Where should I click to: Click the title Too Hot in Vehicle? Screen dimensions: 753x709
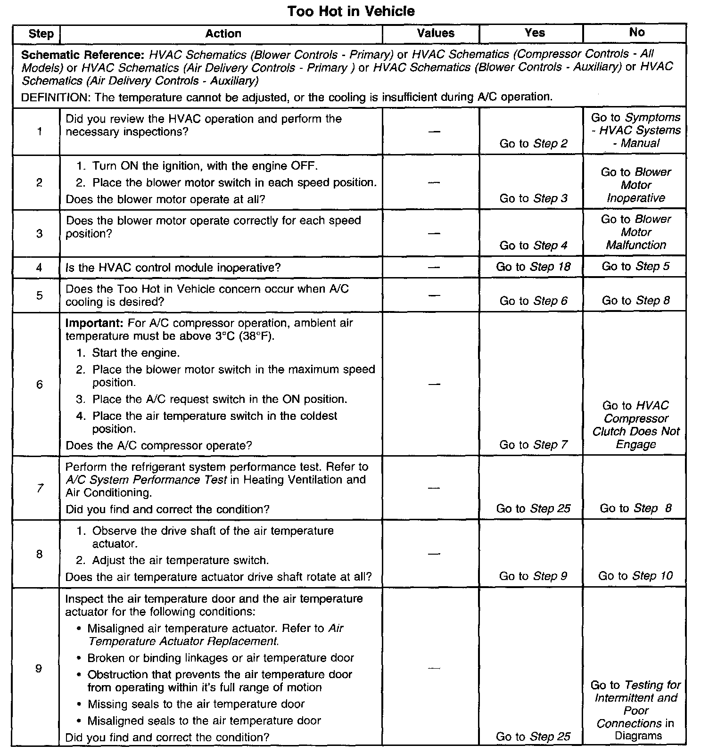click(x=351, y=11)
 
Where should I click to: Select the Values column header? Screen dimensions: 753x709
click(x=436, y=33)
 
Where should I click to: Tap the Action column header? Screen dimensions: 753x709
click(x=223, y=33)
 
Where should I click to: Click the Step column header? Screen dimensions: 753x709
click(x=41, y=33)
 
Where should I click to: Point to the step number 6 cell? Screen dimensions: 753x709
click(x=39, y=385)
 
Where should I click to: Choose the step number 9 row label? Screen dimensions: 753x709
click(x=39, y=668)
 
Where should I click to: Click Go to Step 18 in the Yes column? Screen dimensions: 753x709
click(x=533, y=267)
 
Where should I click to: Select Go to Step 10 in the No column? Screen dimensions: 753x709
click(x=635, y=575)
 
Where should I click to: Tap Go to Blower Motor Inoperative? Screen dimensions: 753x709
click(x=635, y=185)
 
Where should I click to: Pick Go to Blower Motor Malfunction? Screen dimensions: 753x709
click(x=635, y=232)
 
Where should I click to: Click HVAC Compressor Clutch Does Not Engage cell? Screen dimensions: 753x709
click(x=635, y=425)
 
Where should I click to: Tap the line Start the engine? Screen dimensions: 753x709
click(x=136, y=353)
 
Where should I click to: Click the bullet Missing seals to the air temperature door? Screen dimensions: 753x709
click(x=196, y=704)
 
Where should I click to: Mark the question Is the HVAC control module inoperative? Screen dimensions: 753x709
click(x=173, y=268)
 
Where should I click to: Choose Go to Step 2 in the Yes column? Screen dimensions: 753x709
click(x=533, y=144)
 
